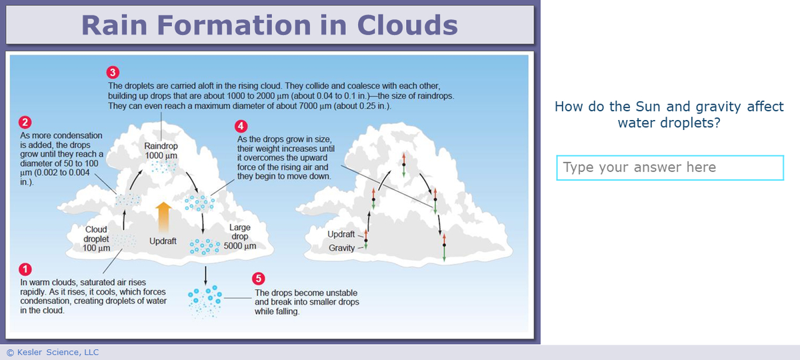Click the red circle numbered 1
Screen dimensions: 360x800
click(25, 270)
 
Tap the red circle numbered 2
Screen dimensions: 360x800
click(25, 123)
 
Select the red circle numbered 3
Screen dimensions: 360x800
click(113, 72)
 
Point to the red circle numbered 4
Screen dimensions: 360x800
click(241, 126)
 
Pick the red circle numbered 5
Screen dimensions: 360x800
click(259, 279)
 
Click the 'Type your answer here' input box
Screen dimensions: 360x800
click(669, 167)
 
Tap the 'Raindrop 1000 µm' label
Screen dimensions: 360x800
click(161, 151)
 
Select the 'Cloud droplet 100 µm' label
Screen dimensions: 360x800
click(96, 239)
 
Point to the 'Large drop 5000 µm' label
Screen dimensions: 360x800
click(239, 237)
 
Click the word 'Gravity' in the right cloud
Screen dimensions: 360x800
click(341, 248)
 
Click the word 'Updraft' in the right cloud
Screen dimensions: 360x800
click(341, 234)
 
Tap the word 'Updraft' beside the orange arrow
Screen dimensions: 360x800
click(163, 241)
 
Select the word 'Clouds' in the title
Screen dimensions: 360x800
click(407, 25)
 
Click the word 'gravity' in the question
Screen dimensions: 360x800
click(719, 107)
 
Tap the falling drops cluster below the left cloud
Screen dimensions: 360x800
click(205, 301)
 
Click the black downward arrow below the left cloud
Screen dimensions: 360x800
click(205, 273)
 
